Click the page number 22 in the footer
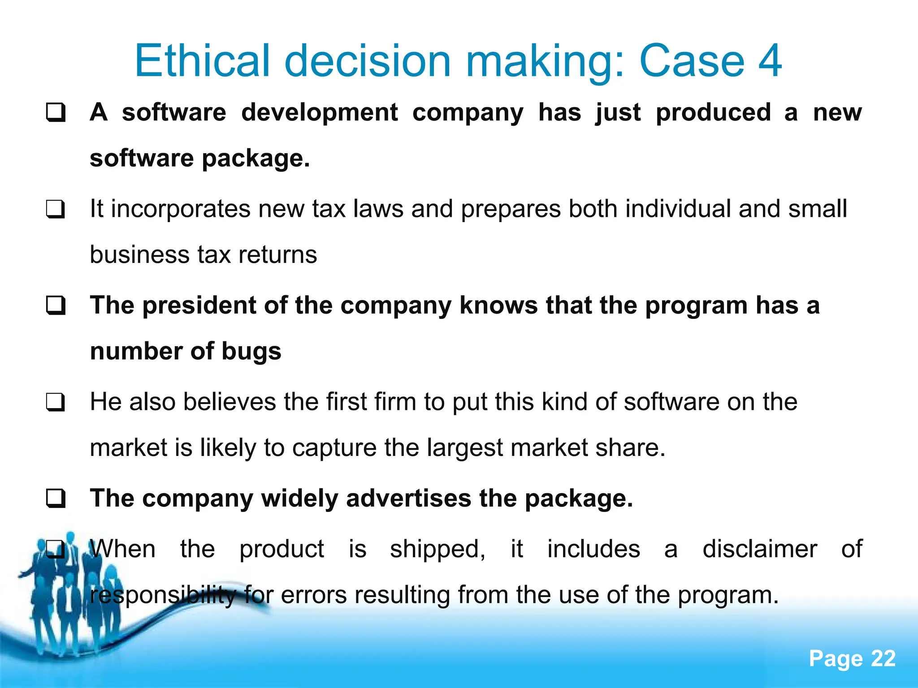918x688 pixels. tap(883, 659)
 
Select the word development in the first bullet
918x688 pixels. tap(320, 112)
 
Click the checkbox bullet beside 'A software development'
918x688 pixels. tap(56, 112)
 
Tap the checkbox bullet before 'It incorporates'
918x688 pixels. tap(56, 209)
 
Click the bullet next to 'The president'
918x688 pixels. tap(56, 306)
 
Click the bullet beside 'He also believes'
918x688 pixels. tap(56, 402)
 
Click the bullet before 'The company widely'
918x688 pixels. tap(56, 499)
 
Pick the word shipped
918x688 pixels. tap(437, 550)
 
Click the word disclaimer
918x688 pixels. tap(759, 550)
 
